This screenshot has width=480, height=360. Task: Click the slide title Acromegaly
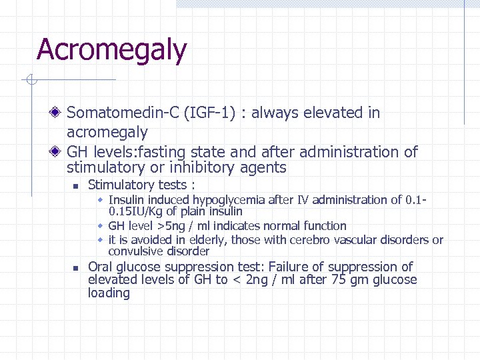tap(111, 50)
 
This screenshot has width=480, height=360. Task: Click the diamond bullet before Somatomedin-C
tap(58, 113)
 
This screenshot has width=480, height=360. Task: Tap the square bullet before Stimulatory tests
tap(76, 186)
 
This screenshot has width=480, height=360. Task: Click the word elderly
tap(199, 240)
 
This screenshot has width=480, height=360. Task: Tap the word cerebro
tap(332, 240)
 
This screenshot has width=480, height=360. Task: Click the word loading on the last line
tap(109, 293)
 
